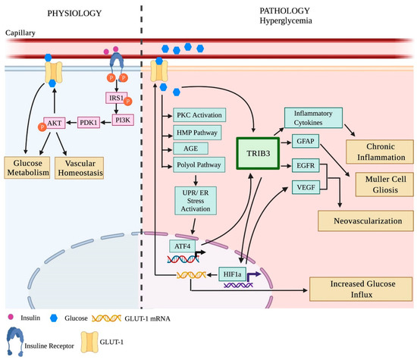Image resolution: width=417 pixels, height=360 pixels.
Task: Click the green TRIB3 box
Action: coord(258,153)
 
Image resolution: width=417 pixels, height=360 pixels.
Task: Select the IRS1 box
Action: coord(117,98)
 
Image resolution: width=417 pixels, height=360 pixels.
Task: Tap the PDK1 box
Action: coord(89,122)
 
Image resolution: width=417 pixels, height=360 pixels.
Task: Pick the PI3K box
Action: coord(123,121)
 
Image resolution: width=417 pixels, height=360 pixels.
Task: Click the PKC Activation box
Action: coord(199,115)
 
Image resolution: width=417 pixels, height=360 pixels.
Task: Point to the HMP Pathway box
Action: coord(197,133)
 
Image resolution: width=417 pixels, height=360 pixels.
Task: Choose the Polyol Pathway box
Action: coord(199,164)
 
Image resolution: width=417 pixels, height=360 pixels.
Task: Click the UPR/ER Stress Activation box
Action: coord(196,201)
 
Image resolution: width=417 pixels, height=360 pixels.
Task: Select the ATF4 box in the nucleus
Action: coord(182,246)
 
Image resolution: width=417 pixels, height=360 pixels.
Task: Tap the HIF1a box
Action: coord(232,274)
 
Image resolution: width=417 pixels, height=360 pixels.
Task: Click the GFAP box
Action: coord(306,141)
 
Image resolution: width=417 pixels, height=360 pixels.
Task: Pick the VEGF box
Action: coord(306,187)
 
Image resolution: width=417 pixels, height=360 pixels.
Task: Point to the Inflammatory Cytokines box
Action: coord(313,117)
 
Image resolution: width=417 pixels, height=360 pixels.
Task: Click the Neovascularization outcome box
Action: coord(365,221)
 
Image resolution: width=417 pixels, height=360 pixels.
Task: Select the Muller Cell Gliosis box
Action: coord(384,184)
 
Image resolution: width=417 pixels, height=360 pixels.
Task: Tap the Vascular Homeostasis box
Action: coord(80,168)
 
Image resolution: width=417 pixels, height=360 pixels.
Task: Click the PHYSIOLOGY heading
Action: coord(74,14)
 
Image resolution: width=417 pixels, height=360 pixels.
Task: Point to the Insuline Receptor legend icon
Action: coord(15,342)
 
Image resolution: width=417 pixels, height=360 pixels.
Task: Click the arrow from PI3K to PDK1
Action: coord(106,123)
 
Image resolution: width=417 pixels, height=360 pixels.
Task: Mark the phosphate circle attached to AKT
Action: coord(42,127)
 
